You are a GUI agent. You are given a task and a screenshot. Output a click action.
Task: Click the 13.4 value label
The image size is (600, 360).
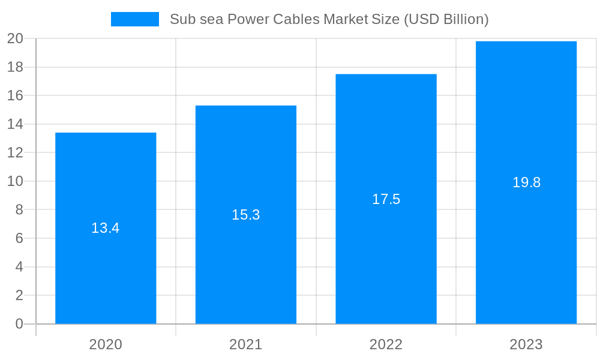[106, 228]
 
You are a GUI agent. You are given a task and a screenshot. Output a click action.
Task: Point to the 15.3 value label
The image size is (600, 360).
[246, 215]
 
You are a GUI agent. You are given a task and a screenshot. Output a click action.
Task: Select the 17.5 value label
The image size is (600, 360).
[386, 199]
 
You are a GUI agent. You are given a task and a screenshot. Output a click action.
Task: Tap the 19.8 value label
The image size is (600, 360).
[526, 182]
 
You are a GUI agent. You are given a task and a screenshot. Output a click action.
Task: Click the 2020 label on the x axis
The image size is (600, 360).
[106, 344]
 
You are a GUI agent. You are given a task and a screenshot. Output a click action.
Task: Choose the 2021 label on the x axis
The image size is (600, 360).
[246, 344]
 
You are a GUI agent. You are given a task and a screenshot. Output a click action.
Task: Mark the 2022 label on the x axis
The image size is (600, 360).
[386, 344]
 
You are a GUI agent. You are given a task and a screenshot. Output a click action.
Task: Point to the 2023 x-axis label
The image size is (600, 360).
[526, 344]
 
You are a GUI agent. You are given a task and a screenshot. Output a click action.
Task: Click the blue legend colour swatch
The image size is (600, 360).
[135, 19]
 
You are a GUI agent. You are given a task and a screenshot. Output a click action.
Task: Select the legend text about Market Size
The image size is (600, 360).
[329, 19]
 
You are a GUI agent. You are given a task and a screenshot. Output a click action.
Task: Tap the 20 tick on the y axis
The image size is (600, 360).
[15, 39]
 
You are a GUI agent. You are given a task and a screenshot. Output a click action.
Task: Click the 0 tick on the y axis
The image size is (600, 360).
[19, 324]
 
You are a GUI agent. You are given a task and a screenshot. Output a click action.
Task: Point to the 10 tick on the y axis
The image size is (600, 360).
[15, 181]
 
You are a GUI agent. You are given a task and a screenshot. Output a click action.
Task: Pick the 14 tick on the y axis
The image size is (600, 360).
[15, 124]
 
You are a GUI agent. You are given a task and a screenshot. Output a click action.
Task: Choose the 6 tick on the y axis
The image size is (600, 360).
[19, 238]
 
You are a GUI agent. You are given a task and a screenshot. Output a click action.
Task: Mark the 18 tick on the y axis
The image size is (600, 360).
[15, 67]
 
